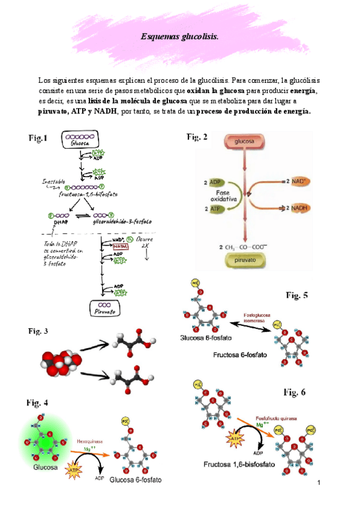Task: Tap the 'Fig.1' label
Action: point(38,139)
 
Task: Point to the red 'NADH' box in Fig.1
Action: point(119,247)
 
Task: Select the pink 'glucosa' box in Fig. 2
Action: point(244,142)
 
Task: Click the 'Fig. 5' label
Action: point(296,295)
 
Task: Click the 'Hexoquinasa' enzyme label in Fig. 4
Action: point(89,441)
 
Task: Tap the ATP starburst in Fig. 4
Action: point(74,469)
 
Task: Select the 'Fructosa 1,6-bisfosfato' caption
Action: point(239,464)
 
